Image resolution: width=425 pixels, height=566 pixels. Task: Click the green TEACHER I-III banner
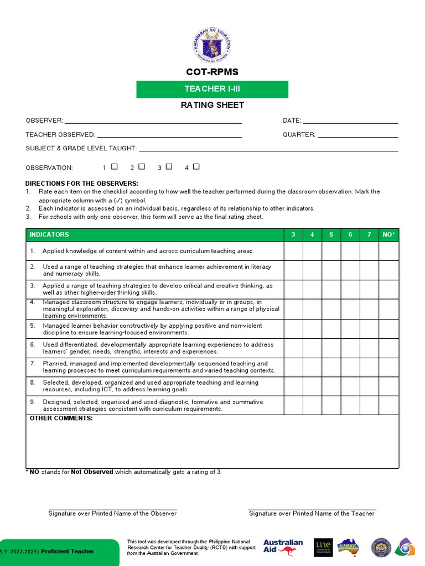click(212, 89)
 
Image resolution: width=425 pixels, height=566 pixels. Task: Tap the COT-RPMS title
click(212, 72)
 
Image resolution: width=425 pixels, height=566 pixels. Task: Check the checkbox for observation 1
click(114, 166)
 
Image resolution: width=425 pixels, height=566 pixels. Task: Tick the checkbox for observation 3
click(169, 166)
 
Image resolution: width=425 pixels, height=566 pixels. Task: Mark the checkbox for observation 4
click(196, 166)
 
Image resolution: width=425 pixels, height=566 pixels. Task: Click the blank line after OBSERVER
click(153, 120)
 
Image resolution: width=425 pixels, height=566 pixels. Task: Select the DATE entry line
click(350, 120)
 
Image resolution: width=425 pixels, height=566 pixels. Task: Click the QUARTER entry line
click(357, 134)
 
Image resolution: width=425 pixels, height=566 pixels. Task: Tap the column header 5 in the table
click(331, 235)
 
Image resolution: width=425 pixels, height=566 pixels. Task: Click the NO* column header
click(388, 235)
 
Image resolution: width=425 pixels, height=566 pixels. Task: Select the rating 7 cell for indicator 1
click(369, 251)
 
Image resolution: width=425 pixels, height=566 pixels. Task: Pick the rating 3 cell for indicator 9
click(293, 405)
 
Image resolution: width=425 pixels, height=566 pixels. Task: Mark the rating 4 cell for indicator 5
click(312, 329)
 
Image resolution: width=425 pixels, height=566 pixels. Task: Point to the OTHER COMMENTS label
click(61, 418)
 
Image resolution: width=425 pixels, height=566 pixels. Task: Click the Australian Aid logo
click(283, 547)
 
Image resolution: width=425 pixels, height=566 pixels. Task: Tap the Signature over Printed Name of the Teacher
click(312, 513)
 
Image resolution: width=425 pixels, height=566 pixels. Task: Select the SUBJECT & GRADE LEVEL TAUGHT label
click(81, 148)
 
